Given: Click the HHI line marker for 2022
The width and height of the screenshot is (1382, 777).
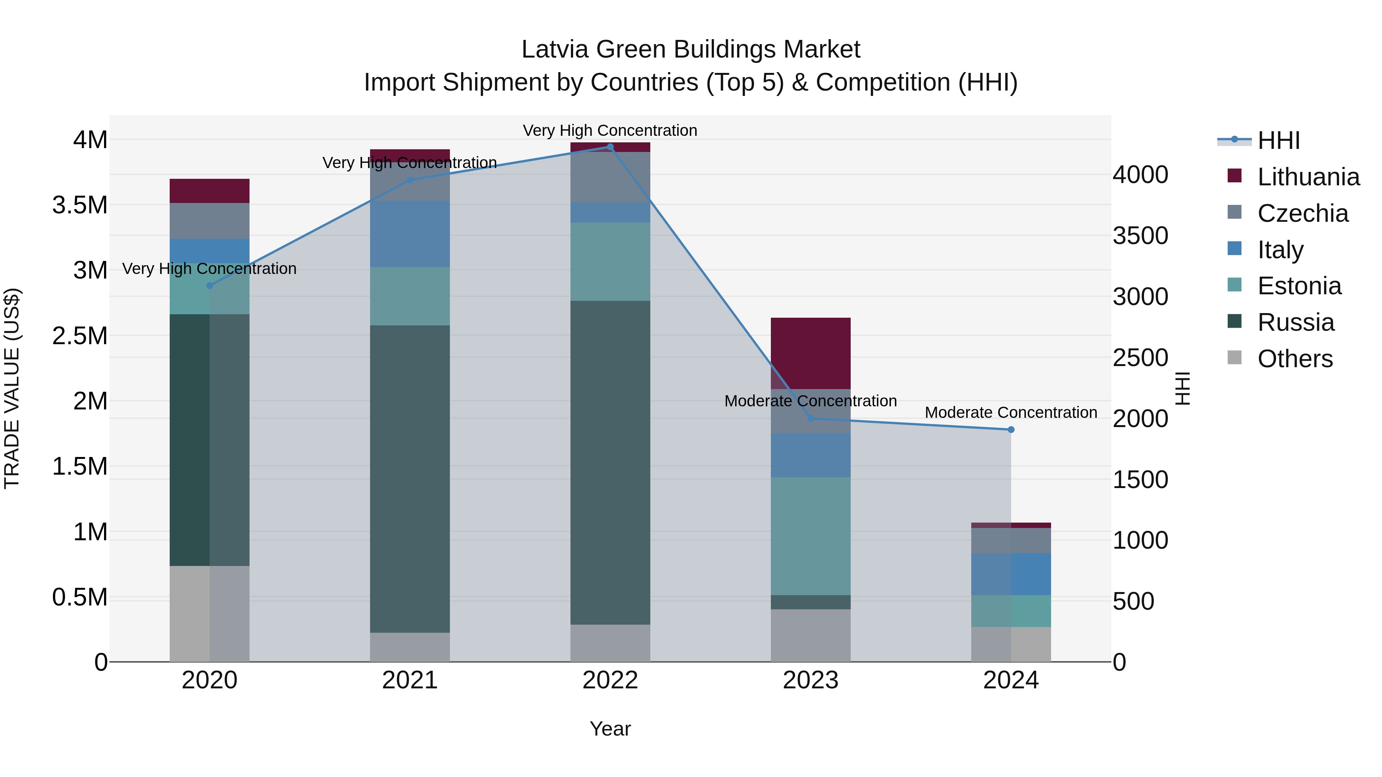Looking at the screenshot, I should coord(610,147).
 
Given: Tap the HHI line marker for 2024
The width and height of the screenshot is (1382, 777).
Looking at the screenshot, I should coord(1011,429).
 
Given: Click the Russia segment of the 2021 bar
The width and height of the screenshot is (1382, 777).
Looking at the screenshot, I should coord(410,478).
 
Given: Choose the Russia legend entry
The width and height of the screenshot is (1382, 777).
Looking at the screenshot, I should coord(1295,322).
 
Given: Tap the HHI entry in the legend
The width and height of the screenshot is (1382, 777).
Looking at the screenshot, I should coord(1278,140).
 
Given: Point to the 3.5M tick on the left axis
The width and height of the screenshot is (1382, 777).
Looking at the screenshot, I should coord(79,205).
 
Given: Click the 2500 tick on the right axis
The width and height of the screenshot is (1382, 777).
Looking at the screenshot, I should coord(1140,358).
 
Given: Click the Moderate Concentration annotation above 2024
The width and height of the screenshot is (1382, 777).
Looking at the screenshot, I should coord(1011,412).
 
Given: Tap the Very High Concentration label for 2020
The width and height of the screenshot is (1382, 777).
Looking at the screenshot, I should coord(209,269).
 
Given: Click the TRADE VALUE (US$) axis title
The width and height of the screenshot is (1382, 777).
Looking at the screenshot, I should coord(12,388).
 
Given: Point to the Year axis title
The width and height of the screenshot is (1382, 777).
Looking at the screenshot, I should coord(610,729).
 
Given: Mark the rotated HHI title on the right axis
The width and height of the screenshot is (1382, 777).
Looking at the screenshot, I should coord(1182,388).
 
